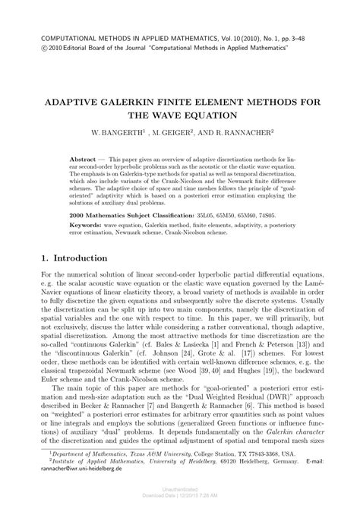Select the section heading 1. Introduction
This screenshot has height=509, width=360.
78,259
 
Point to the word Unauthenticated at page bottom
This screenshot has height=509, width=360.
180,494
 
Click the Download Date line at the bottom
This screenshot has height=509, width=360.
180,501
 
